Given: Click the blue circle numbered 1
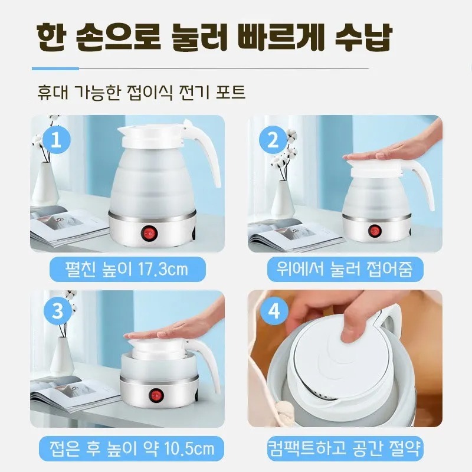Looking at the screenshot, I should (57, 140).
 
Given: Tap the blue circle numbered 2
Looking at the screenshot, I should (273, 140).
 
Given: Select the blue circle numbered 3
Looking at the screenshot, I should (57, 312).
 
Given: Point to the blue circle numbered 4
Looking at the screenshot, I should (274, 312).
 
